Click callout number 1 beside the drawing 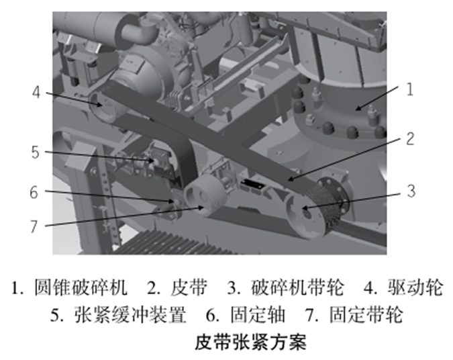(409, 89)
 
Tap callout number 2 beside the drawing (410, 139)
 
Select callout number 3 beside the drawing (411, 191)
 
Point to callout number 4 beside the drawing (36, 93)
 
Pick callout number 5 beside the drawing (36, 152)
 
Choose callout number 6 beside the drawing (34, 192)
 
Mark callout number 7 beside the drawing (34, 226)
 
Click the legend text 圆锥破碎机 (81, 287)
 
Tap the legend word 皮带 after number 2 (189, 287)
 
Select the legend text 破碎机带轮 (297, 287)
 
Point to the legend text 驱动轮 (415, 287)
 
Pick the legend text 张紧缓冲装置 (130, 314)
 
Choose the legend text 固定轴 (258, 314)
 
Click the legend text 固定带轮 (366, 314)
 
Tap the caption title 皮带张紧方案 (250, 342)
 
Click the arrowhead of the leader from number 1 (358, 108)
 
